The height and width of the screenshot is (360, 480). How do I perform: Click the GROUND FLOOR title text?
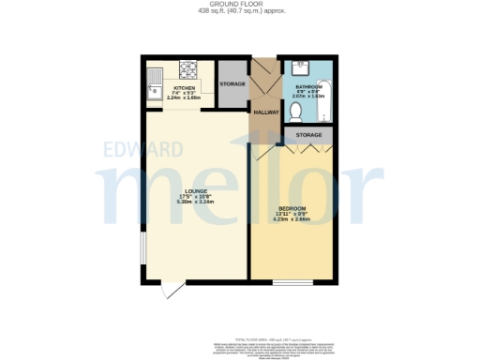[x=240, y=5]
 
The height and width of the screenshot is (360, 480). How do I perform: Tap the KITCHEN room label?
[x=184, y=87]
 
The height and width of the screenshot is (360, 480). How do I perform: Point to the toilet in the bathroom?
[x=295, y=111]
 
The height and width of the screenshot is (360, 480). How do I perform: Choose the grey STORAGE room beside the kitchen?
[x=232, y=85]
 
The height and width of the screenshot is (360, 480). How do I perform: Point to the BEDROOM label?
[x=292, y=207]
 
